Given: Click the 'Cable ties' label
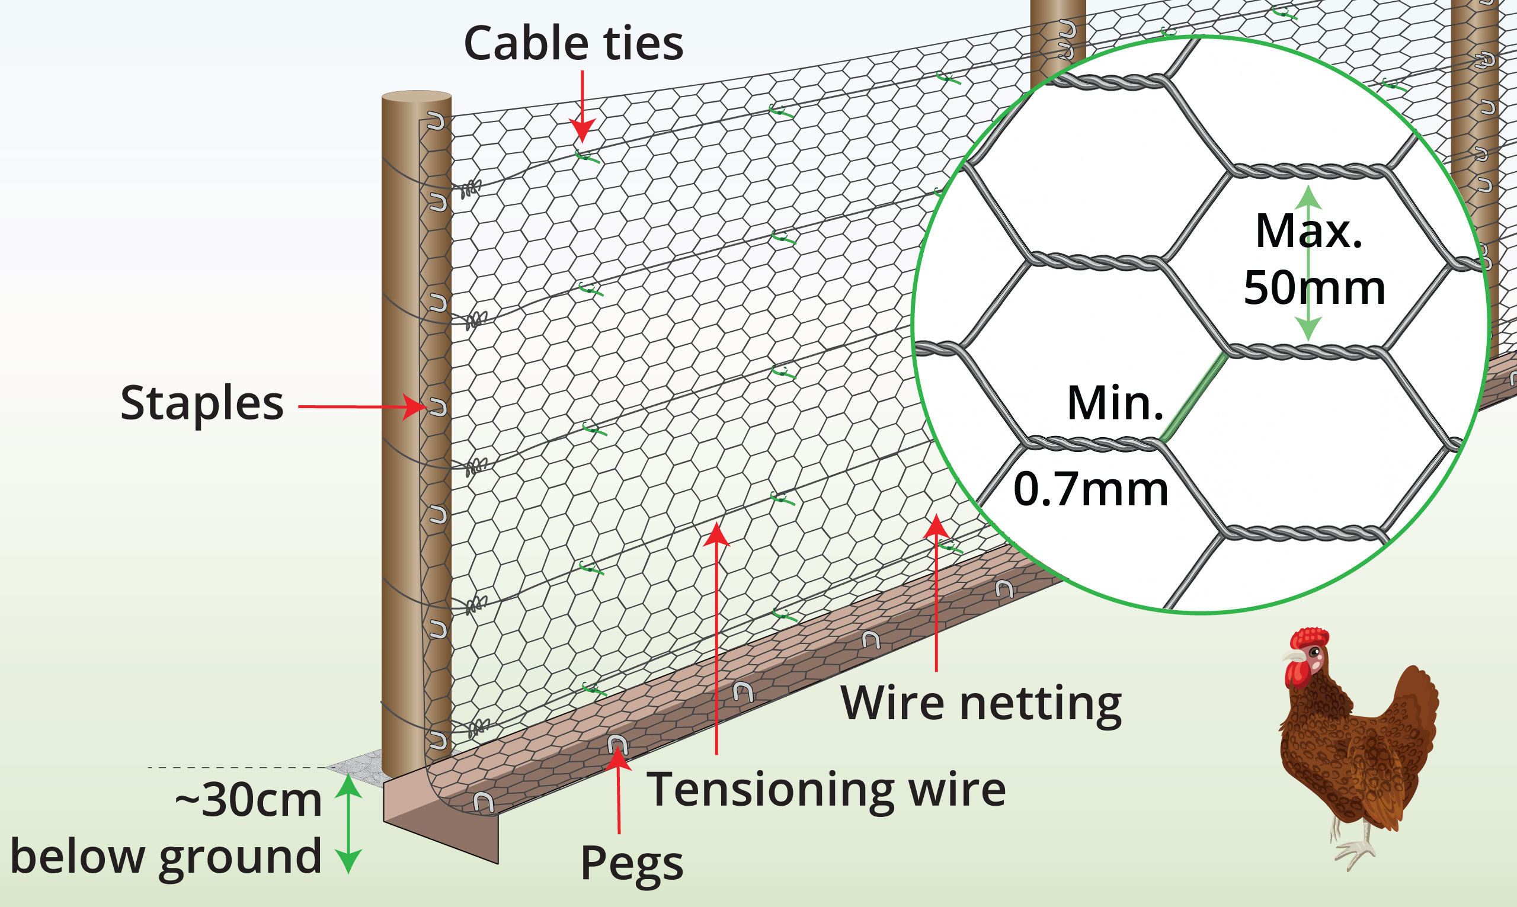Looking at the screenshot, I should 572,44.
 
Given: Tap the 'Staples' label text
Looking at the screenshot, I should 201,403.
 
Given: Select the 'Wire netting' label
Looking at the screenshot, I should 981,703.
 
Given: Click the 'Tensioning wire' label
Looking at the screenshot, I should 826,790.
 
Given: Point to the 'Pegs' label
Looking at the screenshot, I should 631,863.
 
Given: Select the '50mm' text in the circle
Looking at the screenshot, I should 1314,287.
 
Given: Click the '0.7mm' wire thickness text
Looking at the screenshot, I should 1090,489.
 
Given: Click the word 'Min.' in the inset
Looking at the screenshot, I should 1115,403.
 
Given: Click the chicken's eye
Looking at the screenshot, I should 1314,652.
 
